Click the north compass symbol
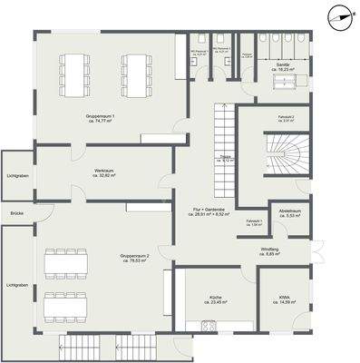coord(339,14)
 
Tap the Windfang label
coord(292,250)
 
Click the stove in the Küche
coord(208,327)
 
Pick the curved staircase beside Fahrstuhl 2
coord(277,157)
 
